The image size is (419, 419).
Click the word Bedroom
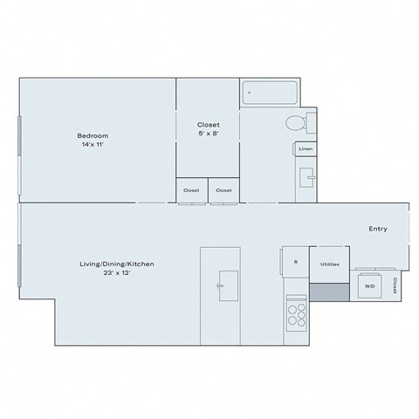pos(93,135)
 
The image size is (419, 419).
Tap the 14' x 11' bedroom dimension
pos(92,145)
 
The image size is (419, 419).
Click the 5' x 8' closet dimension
pos(208,134)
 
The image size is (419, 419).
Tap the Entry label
pos(377,230)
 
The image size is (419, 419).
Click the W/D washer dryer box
pos(369,285)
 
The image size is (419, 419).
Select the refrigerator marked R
pos(295,262)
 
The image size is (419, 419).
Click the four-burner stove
pos(296,312)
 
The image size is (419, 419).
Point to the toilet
pos(297,122)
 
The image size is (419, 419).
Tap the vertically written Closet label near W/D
pos(395,285)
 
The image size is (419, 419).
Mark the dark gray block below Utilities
pos(329,292)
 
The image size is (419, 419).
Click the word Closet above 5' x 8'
pos(208,125)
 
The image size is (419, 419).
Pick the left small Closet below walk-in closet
pos(191,190)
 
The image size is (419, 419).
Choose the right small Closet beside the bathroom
pos(223,190)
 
